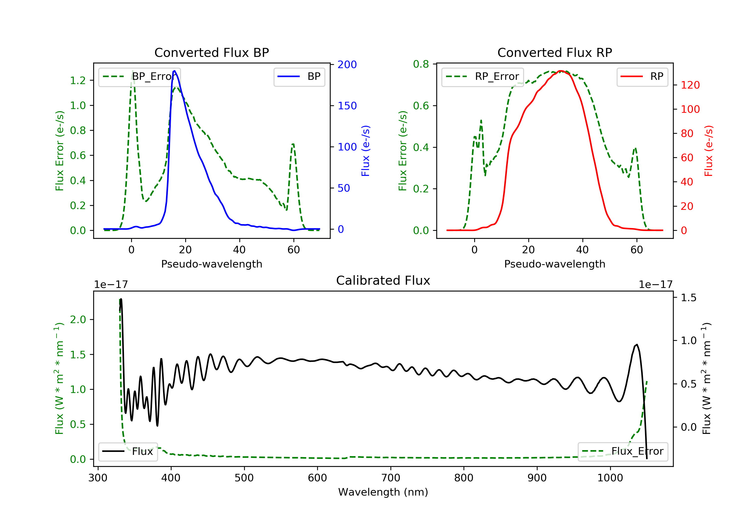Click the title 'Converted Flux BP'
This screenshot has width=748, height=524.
(x=212, y=52)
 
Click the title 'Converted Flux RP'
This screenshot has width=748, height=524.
(x=555, y=52)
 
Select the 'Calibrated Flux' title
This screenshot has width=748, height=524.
(x=383, y=280)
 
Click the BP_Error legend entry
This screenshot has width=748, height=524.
(x=139, y=77)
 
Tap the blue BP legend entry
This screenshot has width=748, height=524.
(x=299, y=77)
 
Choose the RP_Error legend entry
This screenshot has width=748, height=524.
(x=482, y=77)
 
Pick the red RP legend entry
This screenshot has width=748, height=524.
(x=642, y=77)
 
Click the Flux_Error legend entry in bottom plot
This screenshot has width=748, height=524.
(x=623, y=451)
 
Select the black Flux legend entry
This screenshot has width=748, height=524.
(x=128, y=451)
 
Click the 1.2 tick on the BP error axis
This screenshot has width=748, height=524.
(x=78, y=81)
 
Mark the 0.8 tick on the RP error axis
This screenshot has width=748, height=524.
(x=421, y=64)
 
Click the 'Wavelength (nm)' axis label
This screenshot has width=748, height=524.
(x=383, y=492)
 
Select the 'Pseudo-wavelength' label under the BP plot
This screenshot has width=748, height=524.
(x=212, y=264)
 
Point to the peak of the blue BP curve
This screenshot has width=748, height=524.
(x=175, y=71)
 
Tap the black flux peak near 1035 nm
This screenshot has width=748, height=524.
(x=637, y=345)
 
